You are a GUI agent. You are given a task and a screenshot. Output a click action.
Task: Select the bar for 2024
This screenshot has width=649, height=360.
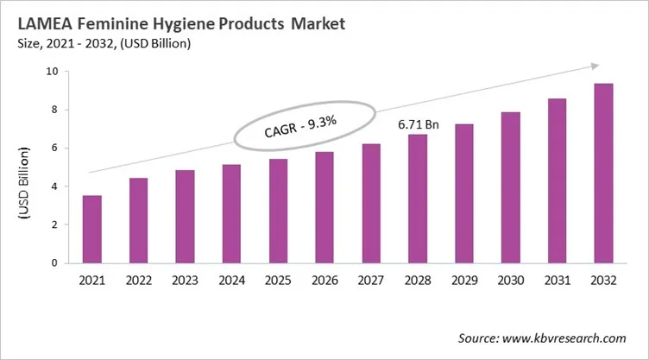coord(231,213)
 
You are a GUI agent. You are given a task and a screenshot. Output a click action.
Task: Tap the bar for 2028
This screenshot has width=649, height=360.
coord(417,199)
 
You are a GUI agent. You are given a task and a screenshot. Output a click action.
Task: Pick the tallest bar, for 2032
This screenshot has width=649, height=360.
coord(603,173)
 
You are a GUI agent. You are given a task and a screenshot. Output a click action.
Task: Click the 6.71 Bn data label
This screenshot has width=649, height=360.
coord(418,125)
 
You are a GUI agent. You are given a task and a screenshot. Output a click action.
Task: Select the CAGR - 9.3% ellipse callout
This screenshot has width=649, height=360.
coord(306,129)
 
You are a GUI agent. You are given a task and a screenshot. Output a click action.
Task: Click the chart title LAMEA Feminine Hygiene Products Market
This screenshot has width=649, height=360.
coord(180,23)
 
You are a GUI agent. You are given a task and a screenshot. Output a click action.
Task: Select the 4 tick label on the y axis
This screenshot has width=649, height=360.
coord(55,186)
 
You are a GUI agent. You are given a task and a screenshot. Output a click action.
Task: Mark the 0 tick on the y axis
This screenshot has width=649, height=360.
coord(55,262)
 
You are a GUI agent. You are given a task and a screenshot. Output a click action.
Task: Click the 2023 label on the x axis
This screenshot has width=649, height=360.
coord(185,281)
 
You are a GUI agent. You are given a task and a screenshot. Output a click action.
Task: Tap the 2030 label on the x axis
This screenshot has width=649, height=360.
coord(510,281)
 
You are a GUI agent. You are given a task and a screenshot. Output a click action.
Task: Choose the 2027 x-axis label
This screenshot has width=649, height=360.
coord(370,281)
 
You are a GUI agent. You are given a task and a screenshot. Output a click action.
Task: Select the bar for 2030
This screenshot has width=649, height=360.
coord(510,187)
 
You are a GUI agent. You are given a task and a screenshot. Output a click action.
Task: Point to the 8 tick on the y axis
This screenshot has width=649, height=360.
coord(55,110)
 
